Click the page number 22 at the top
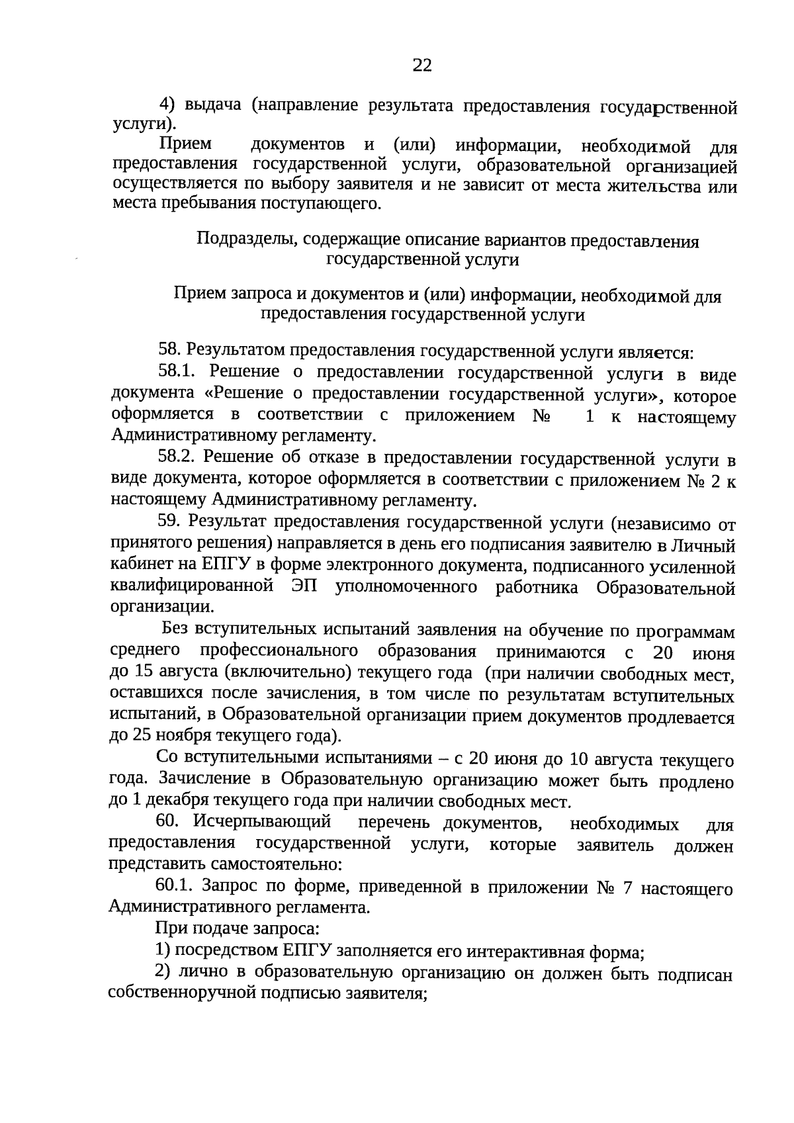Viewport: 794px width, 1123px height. [x=422, y=65]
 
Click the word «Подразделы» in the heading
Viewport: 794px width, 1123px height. [x=245, y=239]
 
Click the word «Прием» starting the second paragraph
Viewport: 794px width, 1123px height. [x=186, y=144]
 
